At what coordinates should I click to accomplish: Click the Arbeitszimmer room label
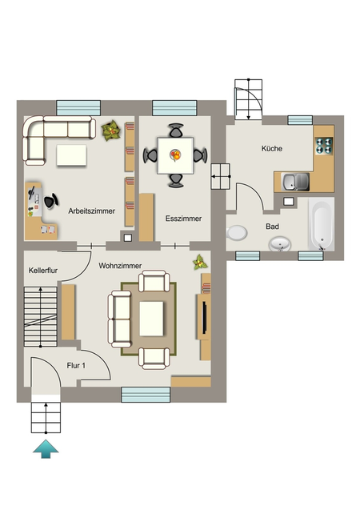pos(92,211)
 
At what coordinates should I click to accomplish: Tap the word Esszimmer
pos(183,219)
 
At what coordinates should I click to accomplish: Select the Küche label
pos(272,149)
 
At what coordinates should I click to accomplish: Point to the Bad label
pos(272,227)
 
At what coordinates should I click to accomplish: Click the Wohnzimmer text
pos(120,266)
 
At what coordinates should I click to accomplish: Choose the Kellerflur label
pos(43,271)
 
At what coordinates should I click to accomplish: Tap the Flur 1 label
pos(76,366)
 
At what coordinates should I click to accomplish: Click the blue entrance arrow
pos(46,449)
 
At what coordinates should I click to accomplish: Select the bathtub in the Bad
pos(322,224)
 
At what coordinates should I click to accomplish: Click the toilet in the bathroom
pos(237,233)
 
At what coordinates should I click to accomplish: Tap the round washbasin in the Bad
pos(280,244)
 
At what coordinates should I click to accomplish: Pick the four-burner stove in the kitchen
pos(324,146)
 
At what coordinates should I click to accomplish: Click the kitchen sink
pos(295,182)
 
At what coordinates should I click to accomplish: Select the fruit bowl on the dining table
pos(176,155)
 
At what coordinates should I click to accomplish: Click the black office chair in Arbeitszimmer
pos(51,200)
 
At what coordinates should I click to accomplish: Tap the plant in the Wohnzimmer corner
pos(200,263)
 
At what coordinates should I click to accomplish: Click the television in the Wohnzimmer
pos(205,318)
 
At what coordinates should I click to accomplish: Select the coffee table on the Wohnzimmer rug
pos(151,319)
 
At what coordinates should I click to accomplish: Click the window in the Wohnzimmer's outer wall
pos(146,395)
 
